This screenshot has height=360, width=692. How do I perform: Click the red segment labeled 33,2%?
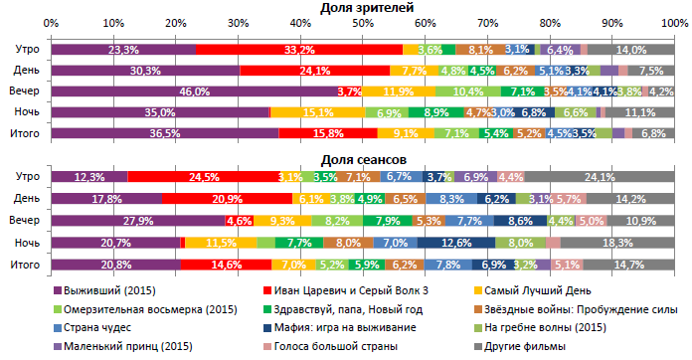coord(299,49)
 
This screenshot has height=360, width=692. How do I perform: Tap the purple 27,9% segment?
coord(138,221)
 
